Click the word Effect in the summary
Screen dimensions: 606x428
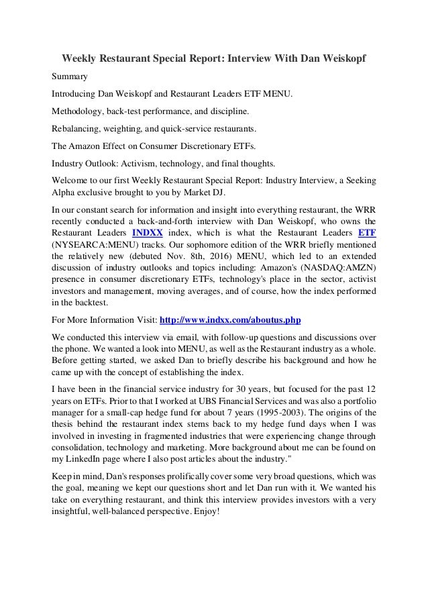(126, 145)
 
